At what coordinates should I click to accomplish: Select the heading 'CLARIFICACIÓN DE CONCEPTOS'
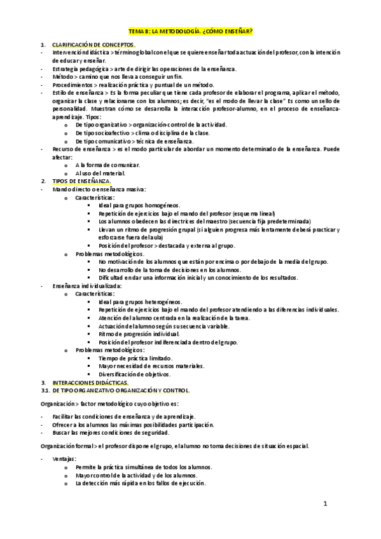pyautogui.click(x=94, y=46)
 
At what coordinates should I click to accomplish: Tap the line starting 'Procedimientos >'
pyautogui.click(x=134, y=85)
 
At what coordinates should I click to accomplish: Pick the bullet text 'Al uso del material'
pyautogui.click(x=100, y=173)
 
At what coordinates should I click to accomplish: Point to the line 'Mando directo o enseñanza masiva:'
pyautogui.click(x=100, y=189)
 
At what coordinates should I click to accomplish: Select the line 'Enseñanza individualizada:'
pyautogui.click(x=88, y=286)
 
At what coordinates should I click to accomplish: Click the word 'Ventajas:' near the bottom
pyautogui.click(x=65, y=459)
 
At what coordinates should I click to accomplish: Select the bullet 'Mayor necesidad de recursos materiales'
pyautogui.click(x=151, y=366)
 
